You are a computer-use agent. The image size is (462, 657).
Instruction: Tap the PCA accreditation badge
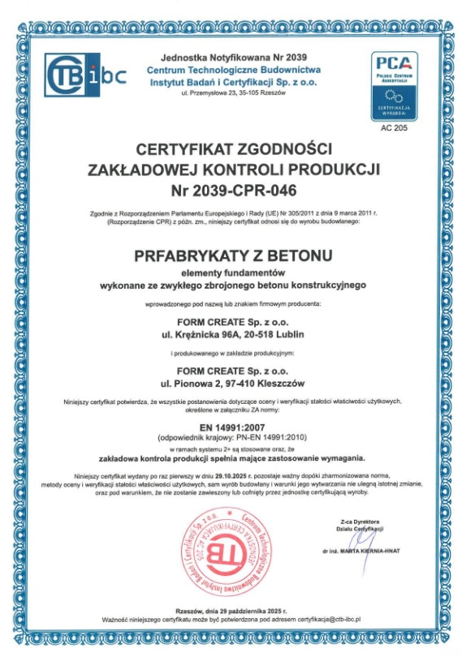[x=395, y=85]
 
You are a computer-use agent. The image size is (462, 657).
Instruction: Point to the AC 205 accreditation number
[x=395, y=127]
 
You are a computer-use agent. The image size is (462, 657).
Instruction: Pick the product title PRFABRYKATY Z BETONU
[x=230, y=255]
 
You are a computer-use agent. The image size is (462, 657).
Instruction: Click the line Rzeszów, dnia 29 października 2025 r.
[x=231, y=609]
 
